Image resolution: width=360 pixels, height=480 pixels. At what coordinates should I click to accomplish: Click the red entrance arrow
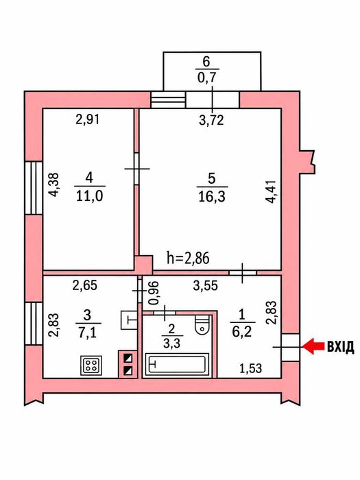313,346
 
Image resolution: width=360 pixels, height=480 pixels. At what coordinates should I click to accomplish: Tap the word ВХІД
341,346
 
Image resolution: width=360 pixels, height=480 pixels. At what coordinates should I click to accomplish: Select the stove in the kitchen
91,365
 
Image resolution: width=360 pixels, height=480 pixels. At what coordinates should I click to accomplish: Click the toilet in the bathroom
202,324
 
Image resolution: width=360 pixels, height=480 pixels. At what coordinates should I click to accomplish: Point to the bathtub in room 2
176,363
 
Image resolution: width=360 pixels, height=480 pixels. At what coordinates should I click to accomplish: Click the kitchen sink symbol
129,320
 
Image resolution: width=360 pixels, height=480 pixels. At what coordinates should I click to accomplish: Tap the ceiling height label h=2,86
189,258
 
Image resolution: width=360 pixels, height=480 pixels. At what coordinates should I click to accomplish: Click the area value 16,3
212,196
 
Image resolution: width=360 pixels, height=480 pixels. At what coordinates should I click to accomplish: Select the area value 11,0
89,195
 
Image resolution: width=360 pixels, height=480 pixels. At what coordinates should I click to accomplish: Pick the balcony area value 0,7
207,77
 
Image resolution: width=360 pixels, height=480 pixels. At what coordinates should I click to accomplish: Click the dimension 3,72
211,120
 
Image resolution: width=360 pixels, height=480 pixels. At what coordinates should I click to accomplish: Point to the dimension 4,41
272,191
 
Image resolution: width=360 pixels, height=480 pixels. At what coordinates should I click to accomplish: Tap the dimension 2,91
88,119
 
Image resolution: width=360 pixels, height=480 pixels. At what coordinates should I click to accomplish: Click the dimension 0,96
154,293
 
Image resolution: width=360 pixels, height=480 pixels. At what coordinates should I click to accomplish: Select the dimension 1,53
250,369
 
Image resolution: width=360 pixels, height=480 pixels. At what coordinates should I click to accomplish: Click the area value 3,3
171,343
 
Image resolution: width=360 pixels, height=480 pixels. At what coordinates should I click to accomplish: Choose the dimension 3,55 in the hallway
206,286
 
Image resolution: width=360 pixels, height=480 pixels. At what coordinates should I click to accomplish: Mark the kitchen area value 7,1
88,333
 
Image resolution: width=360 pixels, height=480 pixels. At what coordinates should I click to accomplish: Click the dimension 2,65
85,285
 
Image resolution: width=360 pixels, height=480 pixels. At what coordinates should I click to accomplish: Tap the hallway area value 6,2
242,331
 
